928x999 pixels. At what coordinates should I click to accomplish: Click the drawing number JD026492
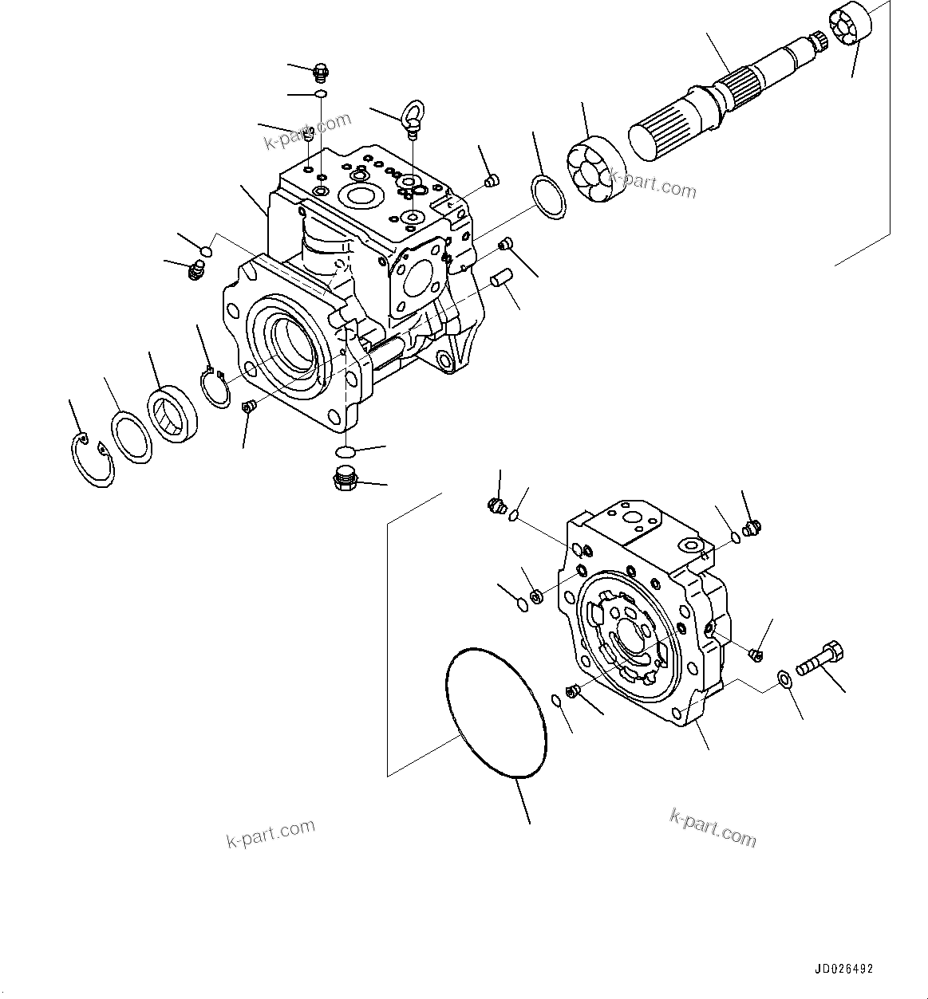843,969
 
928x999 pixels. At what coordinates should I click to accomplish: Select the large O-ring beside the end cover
495,713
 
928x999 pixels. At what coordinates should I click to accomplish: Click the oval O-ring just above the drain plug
346,452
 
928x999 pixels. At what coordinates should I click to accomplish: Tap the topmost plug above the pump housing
320,73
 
